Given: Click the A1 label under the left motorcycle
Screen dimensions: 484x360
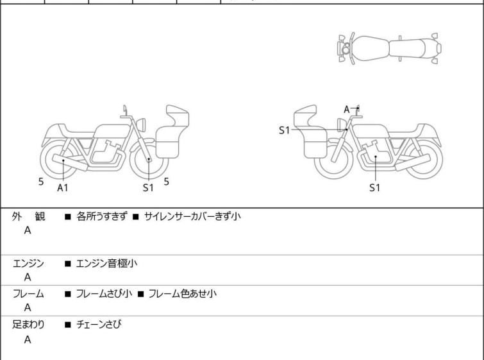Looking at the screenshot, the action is click(x=63, y=187).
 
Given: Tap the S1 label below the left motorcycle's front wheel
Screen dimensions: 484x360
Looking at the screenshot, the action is click(x=148, y=187).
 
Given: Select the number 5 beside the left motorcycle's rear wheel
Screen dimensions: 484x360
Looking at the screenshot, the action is click(x=41, y=182).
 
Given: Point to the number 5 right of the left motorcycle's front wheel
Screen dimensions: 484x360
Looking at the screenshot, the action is click(x=167, y=182).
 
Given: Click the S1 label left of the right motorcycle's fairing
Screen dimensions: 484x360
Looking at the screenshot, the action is click(x=284, y=130).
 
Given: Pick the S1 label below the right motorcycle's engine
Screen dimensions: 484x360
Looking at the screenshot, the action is click(x=375, y=187).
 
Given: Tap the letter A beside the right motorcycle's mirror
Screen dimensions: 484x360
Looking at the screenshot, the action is click(x=347, y=109).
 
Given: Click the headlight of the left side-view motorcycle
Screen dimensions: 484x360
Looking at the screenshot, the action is click(x=141, y=125).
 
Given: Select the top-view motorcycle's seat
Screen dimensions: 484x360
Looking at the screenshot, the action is click(x=407, y=49).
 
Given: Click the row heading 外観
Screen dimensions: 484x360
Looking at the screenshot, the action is click(x=28, y=216).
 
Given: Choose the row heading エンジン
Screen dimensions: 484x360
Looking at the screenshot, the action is click(x=28, y=264).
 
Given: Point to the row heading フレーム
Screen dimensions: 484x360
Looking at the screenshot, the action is click(x=28, y=294).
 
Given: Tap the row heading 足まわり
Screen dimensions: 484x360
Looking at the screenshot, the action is click(x=28, y=325).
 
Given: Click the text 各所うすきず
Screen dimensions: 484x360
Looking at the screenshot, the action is click(x=102, y=216).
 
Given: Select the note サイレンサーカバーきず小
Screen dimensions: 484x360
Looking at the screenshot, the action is click(x=192, y=216).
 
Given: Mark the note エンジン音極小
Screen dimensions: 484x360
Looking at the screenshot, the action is click(x=106, y=264).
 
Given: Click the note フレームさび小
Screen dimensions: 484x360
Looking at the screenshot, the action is click(x=104, y=294).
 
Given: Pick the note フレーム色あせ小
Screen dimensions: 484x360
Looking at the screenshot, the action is click(x=183, y=294).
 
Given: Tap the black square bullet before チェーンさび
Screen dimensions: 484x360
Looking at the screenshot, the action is click(x=68, y=325).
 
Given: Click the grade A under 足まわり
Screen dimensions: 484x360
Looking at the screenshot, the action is click(x=28, y=339).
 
